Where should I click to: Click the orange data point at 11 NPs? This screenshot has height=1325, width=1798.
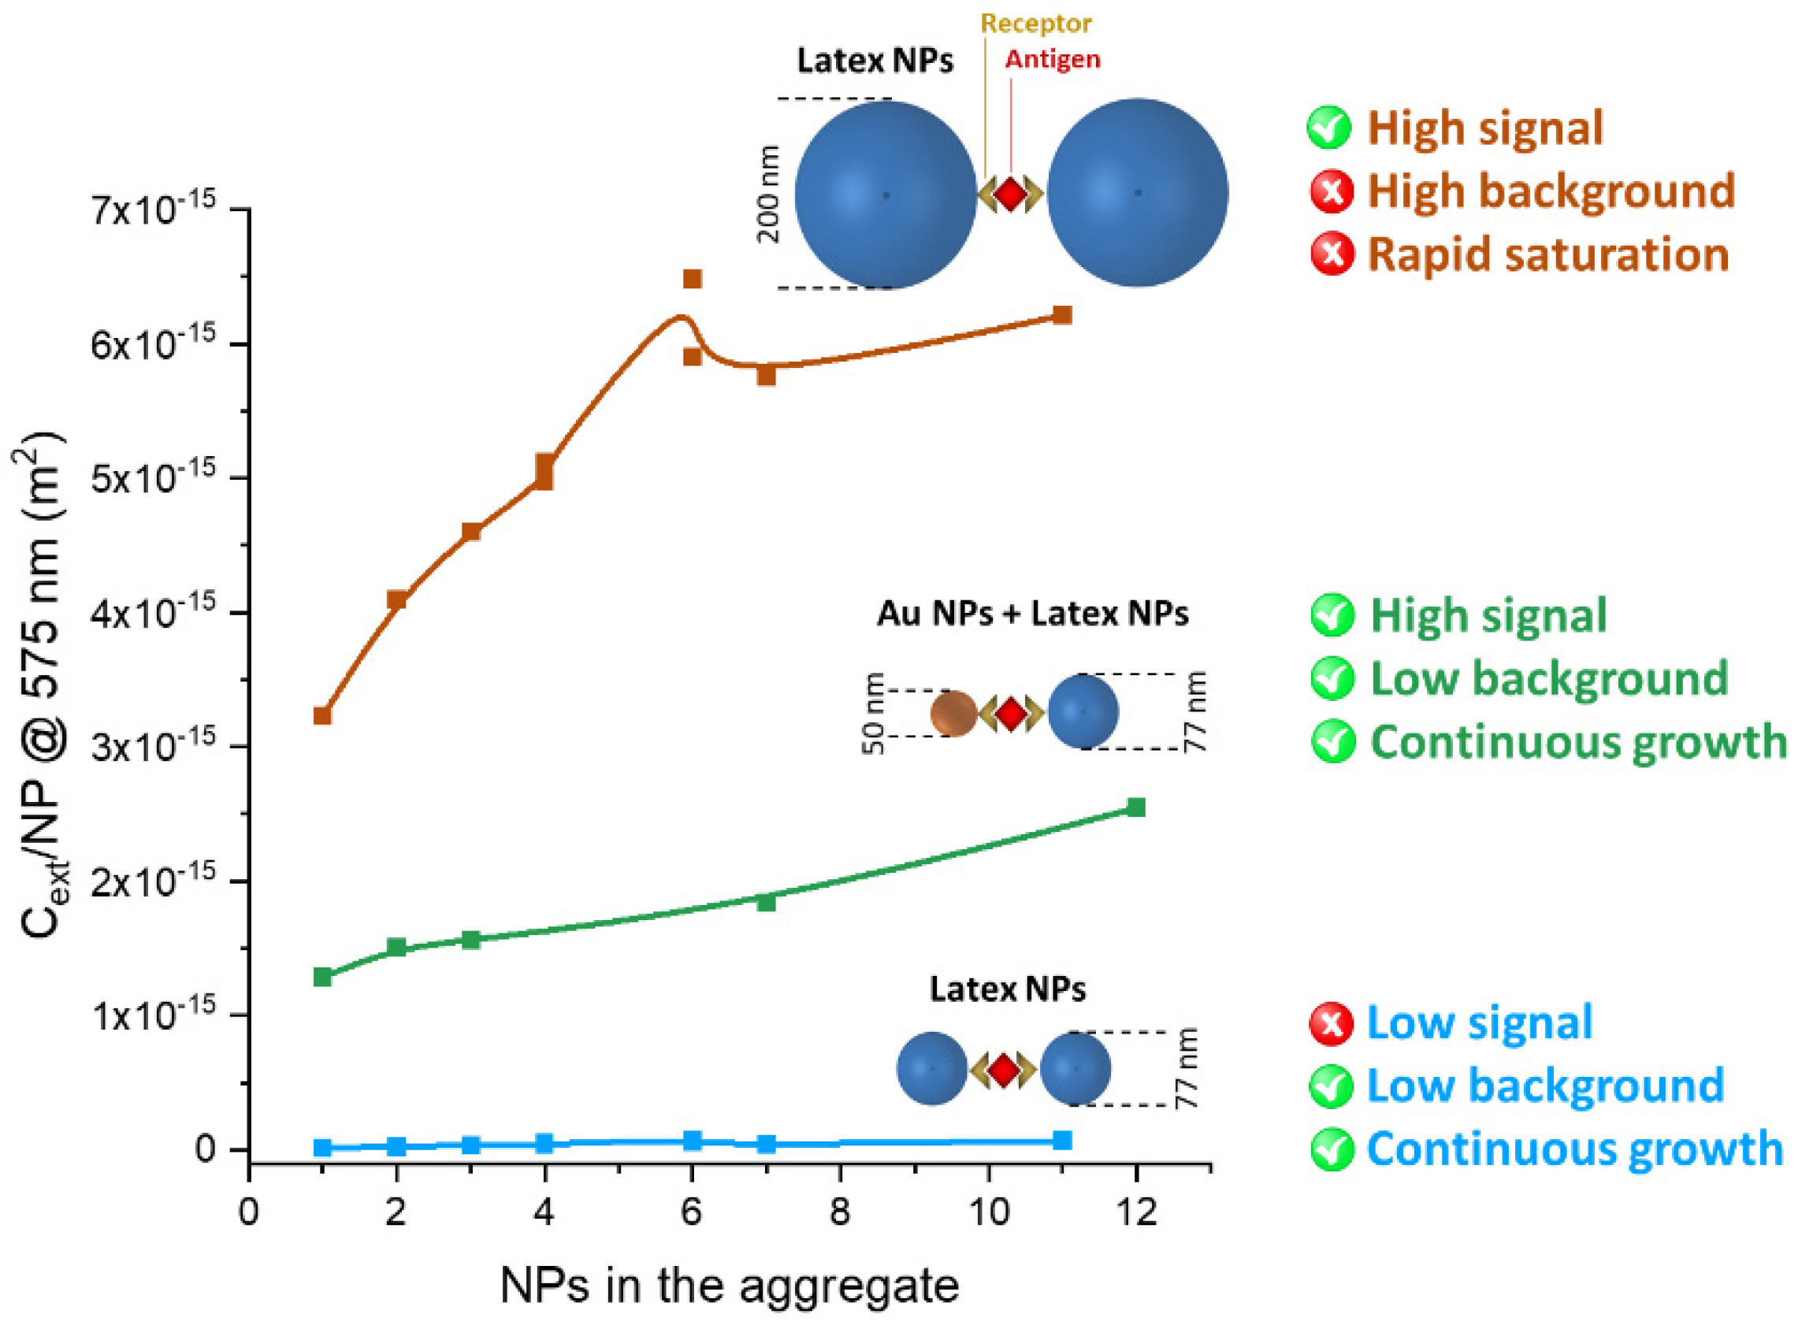(1061, 314)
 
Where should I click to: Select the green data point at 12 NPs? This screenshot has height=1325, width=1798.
(1135, 807)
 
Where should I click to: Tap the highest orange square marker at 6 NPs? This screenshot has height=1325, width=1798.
(692, 278)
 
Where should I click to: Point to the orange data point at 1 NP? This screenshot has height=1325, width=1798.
(321, 714)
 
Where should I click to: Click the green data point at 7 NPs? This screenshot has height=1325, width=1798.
(765, 902)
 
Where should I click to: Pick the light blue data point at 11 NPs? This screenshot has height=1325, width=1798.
(1061, 1140)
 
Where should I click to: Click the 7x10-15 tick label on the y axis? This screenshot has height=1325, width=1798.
(153, 210)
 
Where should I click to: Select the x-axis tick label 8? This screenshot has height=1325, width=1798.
(839, 1212)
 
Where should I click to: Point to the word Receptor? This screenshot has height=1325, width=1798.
(1035, 24)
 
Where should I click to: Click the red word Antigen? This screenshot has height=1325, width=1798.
(1052, 59)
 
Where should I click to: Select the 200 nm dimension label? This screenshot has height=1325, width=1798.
(768, 193)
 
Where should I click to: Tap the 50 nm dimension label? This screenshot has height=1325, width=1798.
(873, 713)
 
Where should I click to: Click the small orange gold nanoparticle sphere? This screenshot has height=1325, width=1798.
(953, 713)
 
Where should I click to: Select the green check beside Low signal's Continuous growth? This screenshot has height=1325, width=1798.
(1331, 1149)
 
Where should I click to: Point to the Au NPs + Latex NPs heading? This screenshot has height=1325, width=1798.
(1032, 614)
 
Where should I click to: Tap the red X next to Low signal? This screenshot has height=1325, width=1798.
(1331, 1023)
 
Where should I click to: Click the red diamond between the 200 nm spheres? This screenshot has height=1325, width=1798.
(1010, 193)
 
